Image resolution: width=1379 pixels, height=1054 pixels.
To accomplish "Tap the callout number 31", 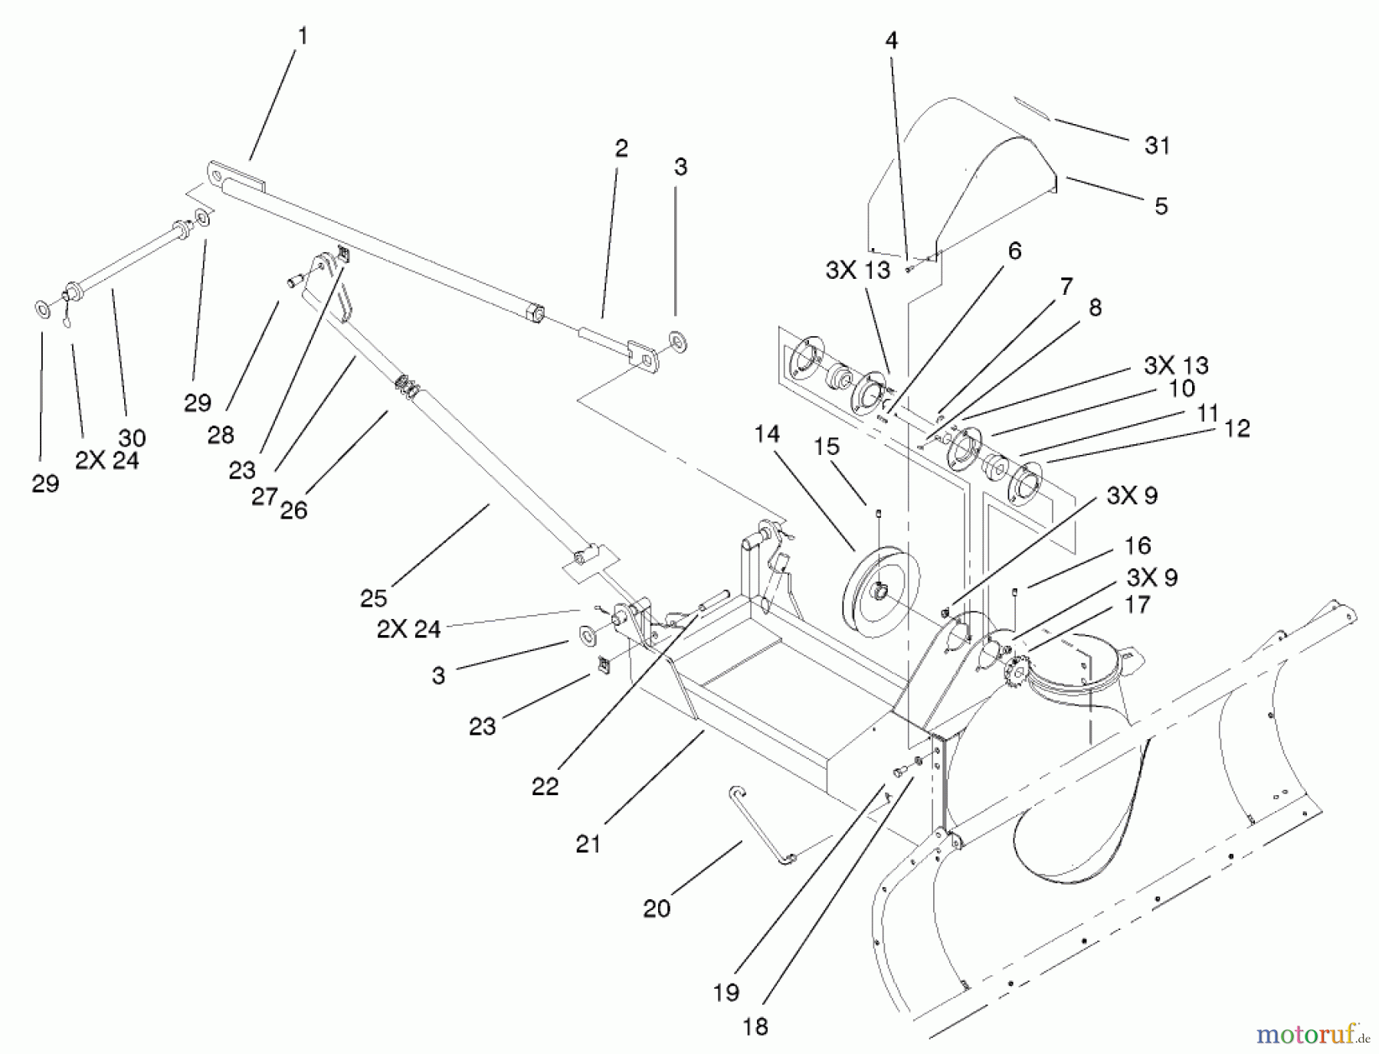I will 1157,146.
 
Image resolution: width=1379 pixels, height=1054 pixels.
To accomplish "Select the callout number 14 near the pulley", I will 766,434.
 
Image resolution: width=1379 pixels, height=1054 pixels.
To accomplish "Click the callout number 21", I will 588,844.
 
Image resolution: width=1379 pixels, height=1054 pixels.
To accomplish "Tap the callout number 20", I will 657,908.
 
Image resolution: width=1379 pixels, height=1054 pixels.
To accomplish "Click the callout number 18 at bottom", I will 755,1026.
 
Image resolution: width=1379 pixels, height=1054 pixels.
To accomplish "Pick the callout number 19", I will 726,992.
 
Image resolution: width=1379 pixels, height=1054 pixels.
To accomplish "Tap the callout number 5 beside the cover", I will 1161,206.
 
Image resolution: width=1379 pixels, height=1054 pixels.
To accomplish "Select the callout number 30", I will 132,438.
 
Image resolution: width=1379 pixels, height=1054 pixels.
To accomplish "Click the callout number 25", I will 373,598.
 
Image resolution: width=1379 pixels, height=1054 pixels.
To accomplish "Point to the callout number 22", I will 545,787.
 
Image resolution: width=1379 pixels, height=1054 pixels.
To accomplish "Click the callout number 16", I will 1138,545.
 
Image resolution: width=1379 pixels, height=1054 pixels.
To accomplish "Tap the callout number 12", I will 1237,428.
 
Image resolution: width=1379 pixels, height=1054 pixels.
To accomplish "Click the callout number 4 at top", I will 891,41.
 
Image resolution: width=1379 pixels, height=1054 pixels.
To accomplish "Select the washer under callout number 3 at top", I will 678,341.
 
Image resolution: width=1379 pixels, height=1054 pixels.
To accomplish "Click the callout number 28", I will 221,435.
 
